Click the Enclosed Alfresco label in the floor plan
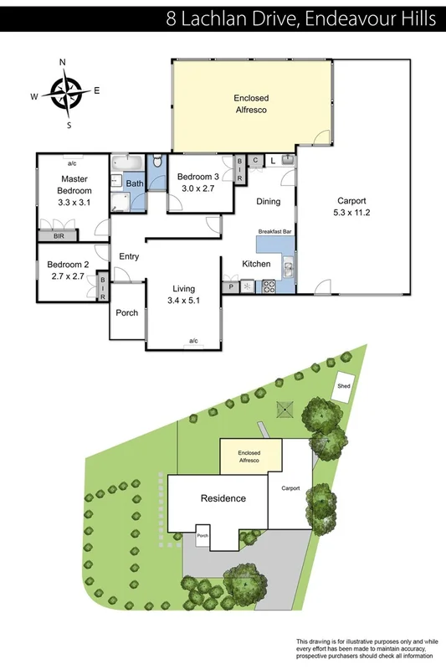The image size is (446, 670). (x=251, y=103)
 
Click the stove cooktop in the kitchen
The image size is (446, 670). (x=270, y=286)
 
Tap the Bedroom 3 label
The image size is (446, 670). (x=197, y=177)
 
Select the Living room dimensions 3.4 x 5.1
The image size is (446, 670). (x=183, y=299)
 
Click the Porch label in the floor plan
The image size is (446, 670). (x=127, y=313)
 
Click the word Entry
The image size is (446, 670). (x=129, y=256)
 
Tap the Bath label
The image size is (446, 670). (x=134, y=183)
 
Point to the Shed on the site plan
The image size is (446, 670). (x=343, y=386)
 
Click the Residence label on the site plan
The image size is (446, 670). (x=223, y=498)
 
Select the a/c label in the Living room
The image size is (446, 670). (x=193, y=341)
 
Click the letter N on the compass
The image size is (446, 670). (x=63, y=63)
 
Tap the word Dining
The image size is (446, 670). (x=268, y=201)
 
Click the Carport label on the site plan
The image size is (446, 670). (x=290, y=487)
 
